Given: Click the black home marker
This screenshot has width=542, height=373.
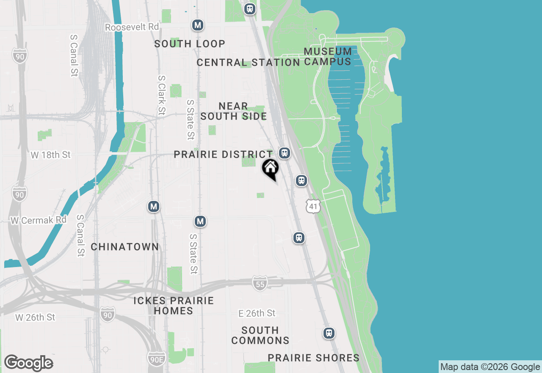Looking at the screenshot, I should (270, 169).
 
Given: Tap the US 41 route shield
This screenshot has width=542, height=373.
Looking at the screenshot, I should (313, 206).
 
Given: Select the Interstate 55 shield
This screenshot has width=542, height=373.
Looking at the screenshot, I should (260, 283).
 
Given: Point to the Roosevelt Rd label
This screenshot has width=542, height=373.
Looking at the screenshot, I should (132, 27).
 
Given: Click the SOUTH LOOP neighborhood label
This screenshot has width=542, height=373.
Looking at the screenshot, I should (190, 44).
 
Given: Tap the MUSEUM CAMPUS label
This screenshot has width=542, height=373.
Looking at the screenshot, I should (328, 56).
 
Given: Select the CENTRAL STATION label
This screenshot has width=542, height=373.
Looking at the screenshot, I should (248, 63).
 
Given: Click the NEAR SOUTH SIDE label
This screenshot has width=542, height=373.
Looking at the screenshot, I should (233, 111).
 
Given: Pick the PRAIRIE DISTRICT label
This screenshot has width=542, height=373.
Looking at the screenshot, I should (224, 155).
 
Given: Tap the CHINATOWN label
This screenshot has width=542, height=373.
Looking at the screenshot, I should (125, 247).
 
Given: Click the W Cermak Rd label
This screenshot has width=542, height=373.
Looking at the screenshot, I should (39, 220).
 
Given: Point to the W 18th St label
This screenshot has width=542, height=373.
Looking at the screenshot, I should (51, 155).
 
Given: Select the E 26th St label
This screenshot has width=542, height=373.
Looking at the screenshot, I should (257, 313).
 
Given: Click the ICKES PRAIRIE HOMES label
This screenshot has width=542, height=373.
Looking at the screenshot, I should (174, 306).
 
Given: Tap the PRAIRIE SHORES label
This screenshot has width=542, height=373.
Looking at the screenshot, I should (314, 358).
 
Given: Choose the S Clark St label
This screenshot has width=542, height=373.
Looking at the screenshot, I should (161, 95).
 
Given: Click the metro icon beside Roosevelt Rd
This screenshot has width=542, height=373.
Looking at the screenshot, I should (197, 25).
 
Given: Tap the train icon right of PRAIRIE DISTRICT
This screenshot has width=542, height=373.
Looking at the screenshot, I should (284, 153).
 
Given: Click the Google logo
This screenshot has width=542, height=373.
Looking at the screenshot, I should (28, 363).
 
